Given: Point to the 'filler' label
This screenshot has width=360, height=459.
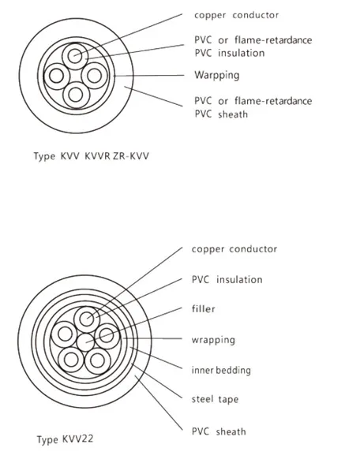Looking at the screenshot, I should [204, 310].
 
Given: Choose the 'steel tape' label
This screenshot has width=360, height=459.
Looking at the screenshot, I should [215, 400].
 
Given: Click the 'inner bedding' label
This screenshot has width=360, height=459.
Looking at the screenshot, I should [222, 370].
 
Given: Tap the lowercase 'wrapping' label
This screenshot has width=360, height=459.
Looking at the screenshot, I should [214, 340].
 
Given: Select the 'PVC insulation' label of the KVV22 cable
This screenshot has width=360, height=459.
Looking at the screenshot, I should [227, 279].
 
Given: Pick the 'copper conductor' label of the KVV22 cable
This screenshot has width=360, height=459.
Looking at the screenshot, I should [234, 249].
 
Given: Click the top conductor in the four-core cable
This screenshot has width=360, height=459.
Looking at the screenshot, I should [75, 55].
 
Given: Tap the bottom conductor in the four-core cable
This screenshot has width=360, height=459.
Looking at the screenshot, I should [75, 95].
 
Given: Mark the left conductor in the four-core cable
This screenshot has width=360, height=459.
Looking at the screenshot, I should [56, 76].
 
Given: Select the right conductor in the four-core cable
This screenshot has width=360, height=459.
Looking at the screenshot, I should [95, 76].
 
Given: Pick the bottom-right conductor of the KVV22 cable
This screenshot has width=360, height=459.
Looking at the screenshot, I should [97, 361].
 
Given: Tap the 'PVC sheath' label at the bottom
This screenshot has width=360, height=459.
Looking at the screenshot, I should [219, 431].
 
